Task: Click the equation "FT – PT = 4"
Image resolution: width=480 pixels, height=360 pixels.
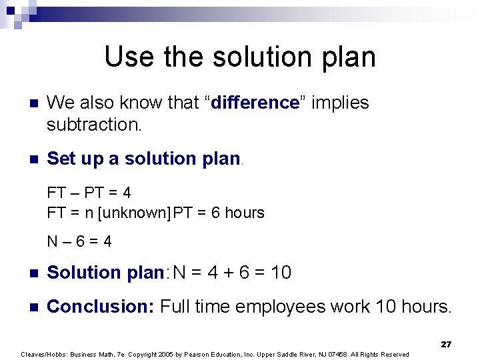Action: [x=89, y=193]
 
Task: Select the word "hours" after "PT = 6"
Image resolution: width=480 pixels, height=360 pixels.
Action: [x=244, y=213]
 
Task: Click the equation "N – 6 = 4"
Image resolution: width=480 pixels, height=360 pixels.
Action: [x=79, y=241]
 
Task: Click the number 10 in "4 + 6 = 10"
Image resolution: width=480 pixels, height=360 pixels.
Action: [x=281, y=273]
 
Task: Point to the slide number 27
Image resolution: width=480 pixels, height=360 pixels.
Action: [x=446, y=345]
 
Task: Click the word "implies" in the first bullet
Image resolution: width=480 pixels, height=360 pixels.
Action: [x=340, y=103]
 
